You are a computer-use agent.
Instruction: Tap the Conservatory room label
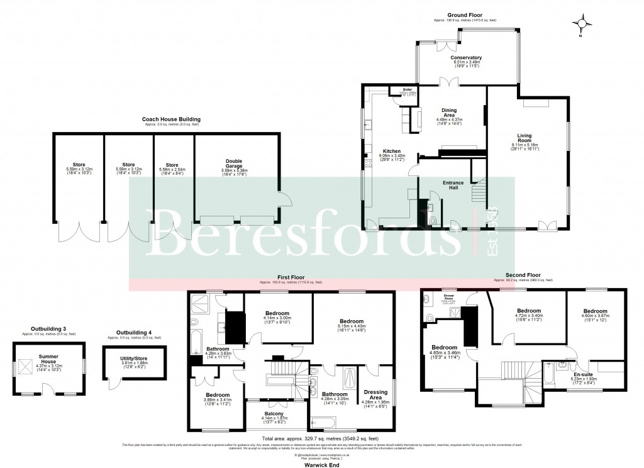(x=465, y=57)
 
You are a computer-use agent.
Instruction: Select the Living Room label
(x=525, y=138)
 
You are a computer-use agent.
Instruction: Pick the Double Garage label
(x=234, y=164)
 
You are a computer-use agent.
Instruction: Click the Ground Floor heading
(x=465, y=14)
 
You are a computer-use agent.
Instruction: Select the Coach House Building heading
(x=171, y=119)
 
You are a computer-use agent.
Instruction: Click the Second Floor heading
(x=523, y=275)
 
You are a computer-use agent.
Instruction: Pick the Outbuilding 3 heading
(x=48, y=328)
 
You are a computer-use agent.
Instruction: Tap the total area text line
(x=321, y=438)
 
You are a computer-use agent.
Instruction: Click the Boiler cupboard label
(x=407, y=89)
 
